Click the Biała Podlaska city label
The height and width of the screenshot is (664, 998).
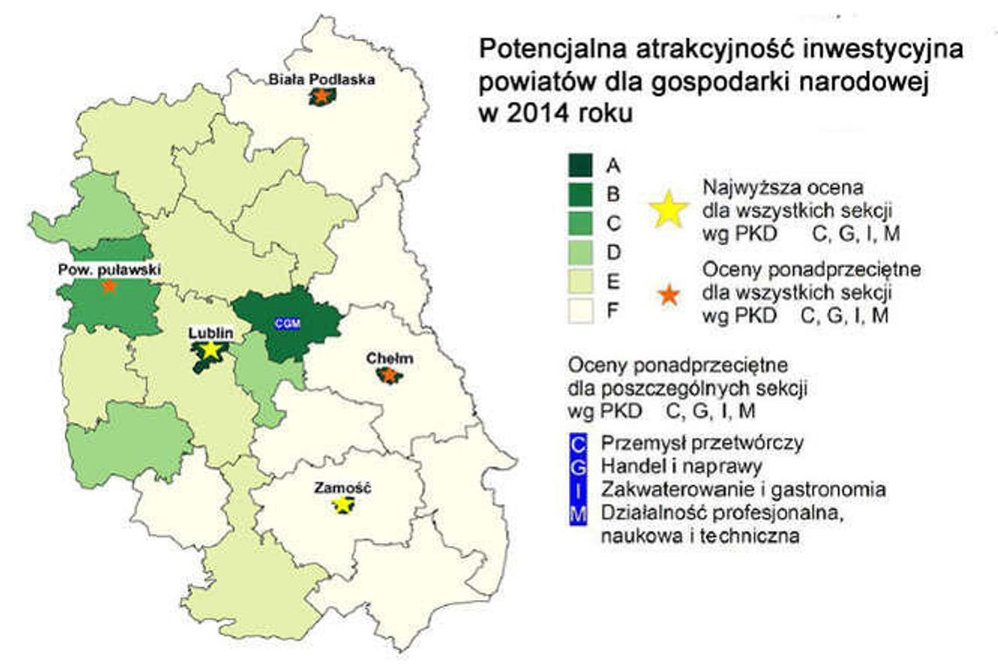(321, 79)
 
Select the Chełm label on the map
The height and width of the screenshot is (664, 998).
(390, 359)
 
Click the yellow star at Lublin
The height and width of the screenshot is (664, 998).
(210, 350)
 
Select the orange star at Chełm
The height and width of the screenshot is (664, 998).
(389, 375)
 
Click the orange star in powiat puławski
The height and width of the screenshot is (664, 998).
(108, 286)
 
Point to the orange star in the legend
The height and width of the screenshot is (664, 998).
(669, 295)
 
